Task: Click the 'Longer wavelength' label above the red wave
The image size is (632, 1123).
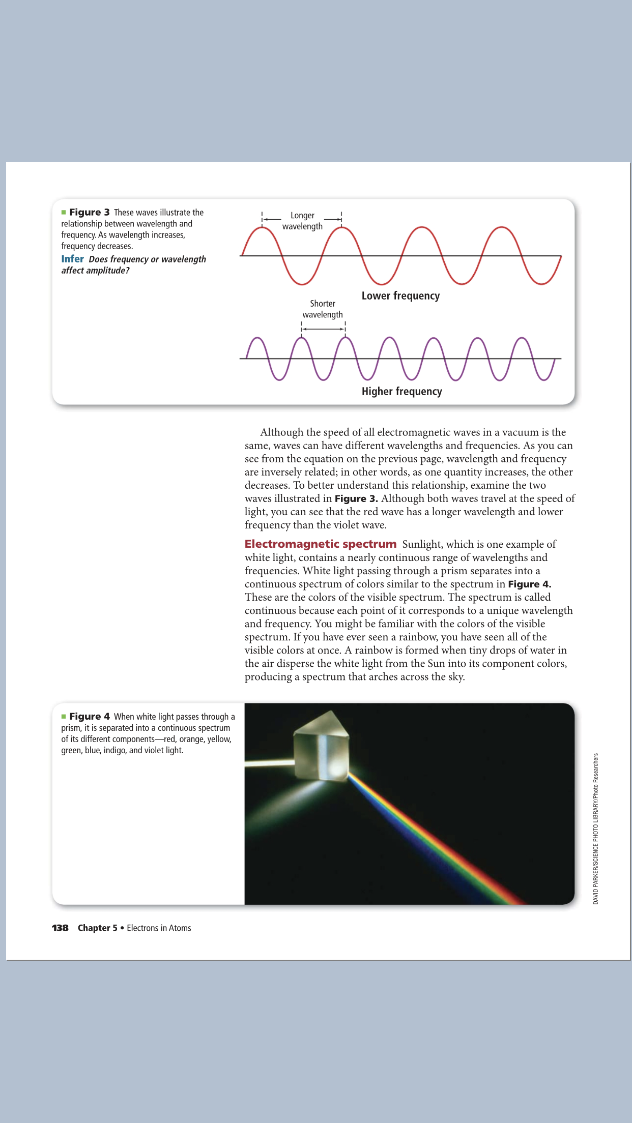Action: click(x=302, y=221)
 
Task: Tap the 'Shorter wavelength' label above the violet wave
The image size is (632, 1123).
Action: click(x=323, y=309)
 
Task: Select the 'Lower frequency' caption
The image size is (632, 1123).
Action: click(x=400, y=296)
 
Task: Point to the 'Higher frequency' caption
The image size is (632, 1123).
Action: click(x=401, y=392)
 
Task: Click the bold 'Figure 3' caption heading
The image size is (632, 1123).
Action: click(x=90, y=212)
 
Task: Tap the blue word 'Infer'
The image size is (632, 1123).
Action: click(x=72, y=259)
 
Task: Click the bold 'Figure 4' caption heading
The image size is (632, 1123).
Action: click(x=90, y=716)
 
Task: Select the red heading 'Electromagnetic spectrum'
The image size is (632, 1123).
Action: click(x=320, y=544)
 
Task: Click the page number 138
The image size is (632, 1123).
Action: click(x=60, y=928)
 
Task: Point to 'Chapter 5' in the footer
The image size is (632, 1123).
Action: click(x=97, y=928)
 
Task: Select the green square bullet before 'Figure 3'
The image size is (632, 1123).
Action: click(x=64, y=212)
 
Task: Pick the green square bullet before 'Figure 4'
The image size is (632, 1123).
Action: click(x=64, y=716)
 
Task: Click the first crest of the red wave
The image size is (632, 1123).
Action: click(x=262, y=228)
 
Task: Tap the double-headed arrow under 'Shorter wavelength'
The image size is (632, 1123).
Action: click(x=323, y=329)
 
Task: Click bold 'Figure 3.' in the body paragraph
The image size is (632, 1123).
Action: click(x=356, y=498)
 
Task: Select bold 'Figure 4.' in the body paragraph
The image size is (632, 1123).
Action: click(x=529, y=584)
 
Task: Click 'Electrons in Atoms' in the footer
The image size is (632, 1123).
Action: click(x=159, y=928)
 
